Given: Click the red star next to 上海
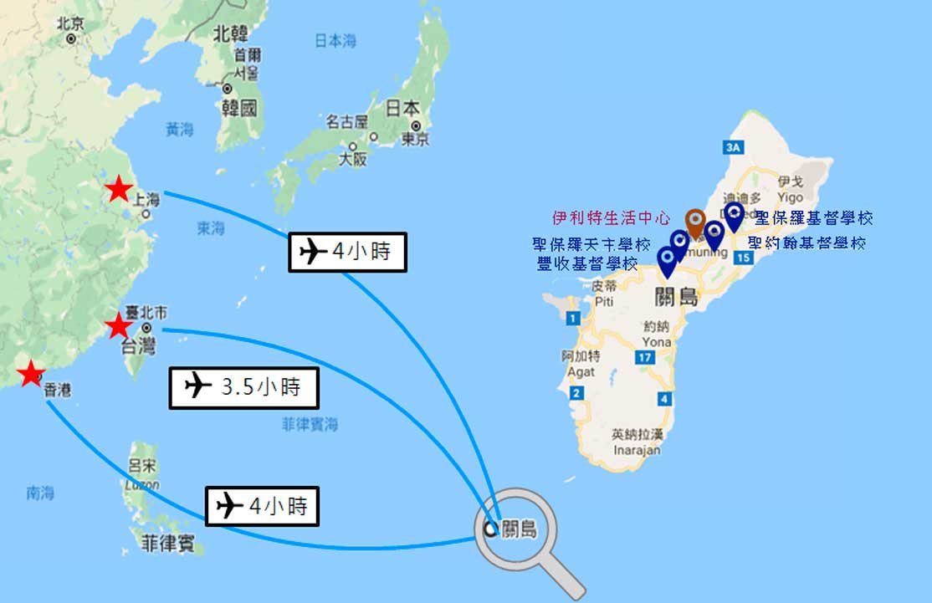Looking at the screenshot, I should click(119, 191).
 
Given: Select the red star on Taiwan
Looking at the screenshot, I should click(117, 325).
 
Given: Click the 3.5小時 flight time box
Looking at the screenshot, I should click(245, 387).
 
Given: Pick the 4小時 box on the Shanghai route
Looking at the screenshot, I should click(347, 252).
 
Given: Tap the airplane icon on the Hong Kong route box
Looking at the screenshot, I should click(229, 505).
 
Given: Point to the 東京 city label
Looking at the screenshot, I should click(415, 139).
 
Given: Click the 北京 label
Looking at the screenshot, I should click(71, 24).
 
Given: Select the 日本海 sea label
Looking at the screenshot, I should click(335, 39).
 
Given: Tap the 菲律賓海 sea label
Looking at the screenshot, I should click(310, 425).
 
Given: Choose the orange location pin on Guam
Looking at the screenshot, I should click(694, 222).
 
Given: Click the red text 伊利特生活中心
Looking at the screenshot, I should click(612, 218).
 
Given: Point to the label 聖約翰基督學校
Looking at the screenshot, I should click(807, 243).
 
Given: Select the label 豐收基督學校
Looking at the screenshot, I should click(587, 264).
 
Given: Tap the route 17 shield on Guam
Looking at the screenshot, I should click(643, 358).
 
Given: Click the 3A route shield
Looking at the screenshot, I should click(735, 148).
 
